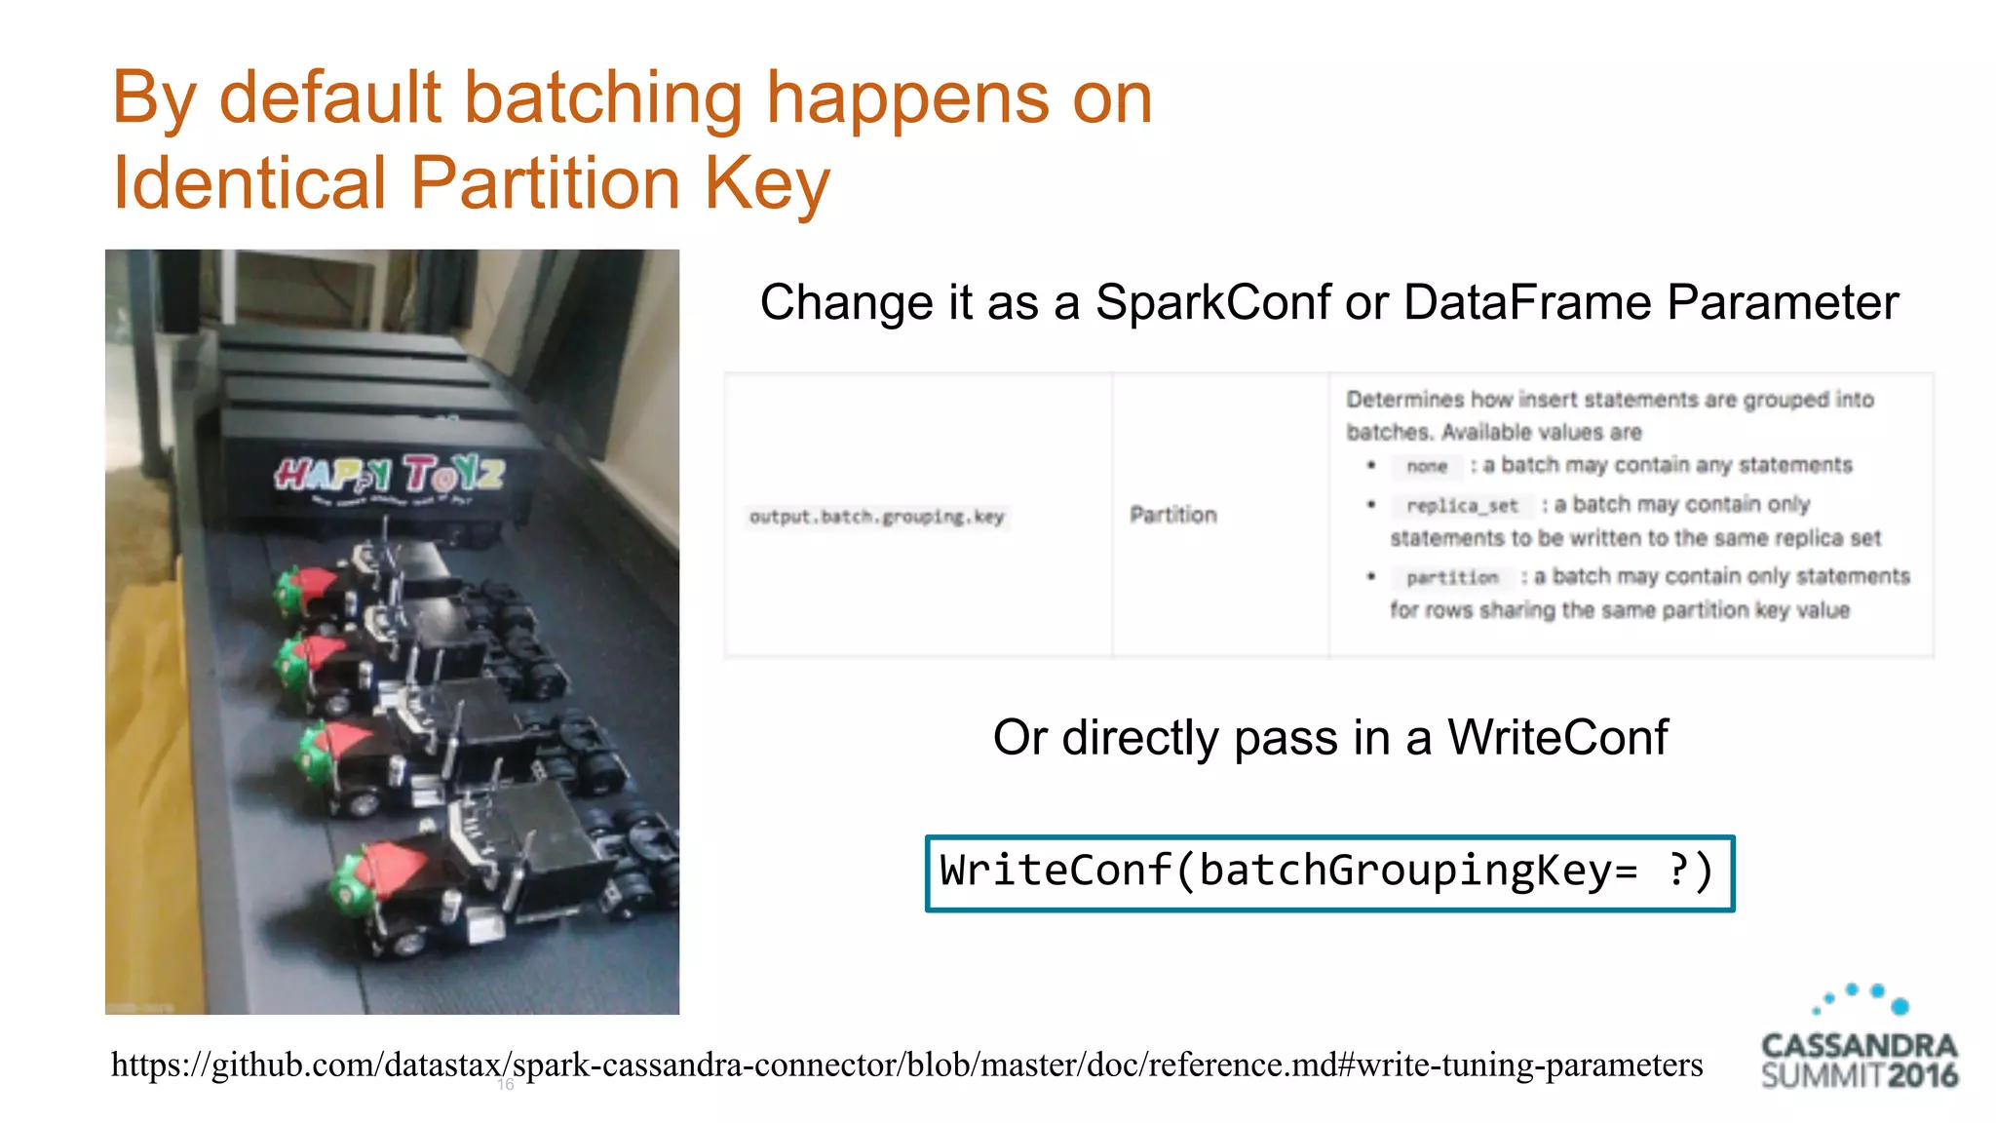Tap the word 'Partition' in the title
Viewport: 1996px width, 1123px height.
tap(544, 183)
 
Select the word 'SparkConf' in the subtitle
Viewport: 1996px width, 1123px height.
tap(1213, 302)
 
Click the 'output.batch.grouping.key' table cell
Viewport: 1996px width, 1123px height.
tap(876, 517)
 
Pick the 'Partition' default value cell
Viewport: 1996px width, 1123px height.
tap(1173, 515)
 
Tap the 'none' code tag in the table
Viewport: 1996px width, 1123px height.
tap(1427, 467)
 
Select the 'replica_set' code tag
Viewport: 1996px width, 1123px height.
tap(1462, 506)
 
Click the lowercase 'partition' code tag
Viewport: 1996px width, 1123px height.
tap(1452, 578)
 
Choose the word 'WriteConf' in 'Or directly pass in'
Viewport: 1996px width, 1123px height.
tap(1557, 738)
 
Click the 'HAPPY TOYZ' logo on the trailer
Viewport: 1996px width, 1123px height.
tap(389, 475)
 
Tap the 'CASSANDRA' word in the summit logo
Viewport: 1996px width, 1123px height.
tap(1860, 1046)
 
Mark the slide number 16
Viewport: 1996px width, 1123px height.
tap(505, 1085)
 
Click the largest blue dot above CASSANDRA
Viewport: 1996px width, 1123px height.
tap(1900, 1006)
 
